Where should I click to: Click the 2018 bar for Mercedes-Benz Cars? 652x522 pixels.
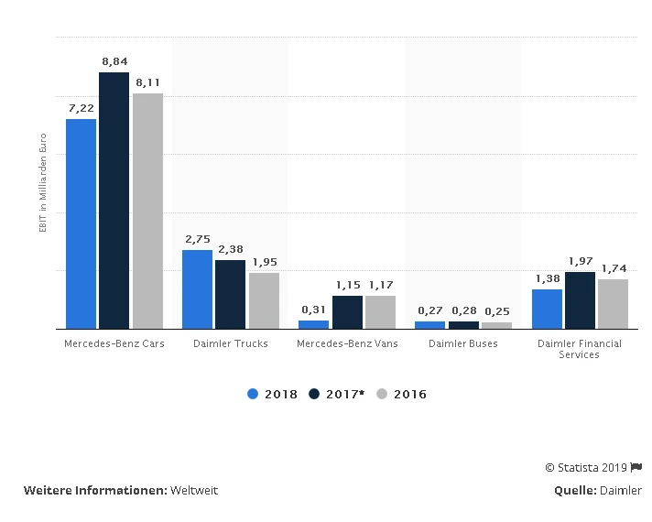(x=81, y=223)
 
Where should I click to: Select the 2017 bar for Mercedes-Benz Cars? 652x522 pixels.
(x=114, y=201)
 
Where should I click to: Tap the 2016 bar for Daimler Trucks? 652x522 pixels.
(x=264, y=300)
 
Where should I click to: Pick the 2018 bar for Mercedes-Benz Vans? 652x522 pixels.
(x=314, y=324)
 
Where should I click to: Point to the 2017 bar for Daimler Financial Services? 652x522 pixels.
(x=580, y=300)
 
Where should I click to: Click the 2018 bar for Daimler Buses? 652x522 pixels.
(x=429, y=325)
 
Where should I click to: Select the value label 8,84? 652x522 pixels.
(x=114, y=61)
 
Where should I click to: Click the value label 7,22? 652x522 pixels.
(x=81, y=108)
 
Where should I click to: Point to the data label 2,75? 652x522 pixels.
(x=198, y=239)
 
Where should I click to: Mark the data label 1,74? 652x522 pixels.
(x=614, y=268)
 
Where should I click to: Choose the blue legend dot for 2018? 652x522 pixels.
(x=253, y=394)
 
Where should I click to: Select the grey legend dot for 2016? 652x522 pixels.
(x=383, y=394)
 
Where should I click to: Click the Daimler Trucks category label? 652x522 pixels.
(x=231, y=343)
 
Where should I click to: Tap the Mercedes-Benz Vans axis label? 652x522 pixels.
(x=346, y=343)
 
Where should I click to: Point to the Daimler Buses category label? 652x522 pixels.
(x=463, y=343)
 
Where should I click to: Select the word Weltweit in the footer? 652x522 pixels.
(x=193, y=490)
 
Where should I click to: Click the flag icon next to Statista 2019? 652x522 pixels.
(x=636, y=467)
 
